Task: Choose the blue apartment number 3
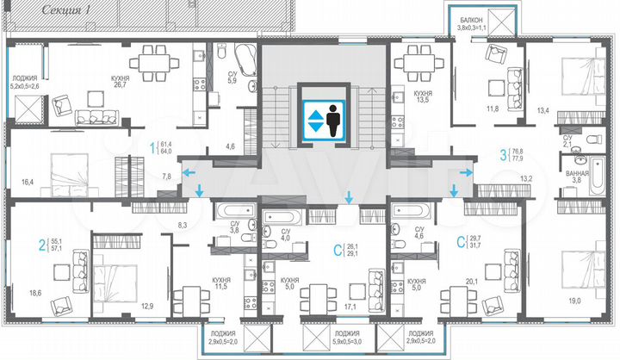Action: coord(503,156)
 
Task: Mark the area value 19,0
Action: coord(573,300)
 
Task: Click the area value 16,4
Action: coord(28,182)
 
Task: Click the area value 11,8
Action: coord(492,109)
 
